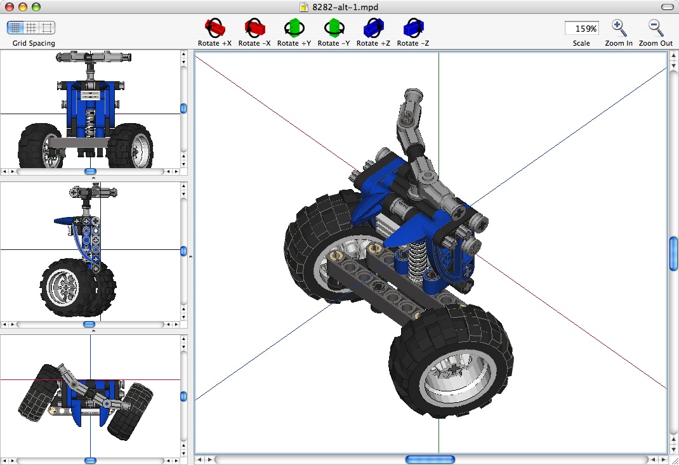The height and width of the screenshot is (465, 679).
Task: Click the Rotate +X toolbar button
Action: pyautogui.click(x=215, y=28)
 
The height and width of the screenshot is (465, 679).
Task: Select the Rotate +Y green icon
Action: pyautogui.click(x=294, y=28)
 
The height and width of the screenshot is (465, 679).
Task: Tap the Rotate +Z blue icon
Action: pyautogui.click(x=373, y=28)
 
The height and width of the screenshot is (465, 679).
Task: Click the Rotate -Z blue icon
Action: pyautogui.click(x=413, y=28)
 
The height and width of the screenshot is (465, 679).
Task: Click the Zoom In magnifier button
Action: pyautogui.click(x=619, y=28)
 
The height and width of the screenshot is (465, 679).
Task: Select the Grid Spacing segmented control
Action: pyautogui.click(x=31, y=28)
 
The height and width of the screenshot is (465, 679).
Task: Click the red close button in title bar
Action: pyautogui.click(x=9, y=7)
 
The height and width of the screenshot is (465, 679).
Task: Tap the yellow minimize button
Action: pyautogui.click(x=22, y=7)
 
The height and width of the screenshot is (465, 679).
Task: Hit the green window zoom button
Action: pyautogui.click(x=36, y=7)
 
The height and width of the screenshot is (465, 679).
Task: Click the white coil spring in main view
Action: pyautogui.click(x=417, y=261)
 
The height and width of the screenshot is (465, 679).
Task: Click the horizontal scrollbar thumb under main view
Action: pyautogui.click(x=430, y=459)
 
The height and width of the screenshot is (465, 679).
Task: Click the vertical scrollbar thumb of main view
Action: pyautogui.click(x=673, y=253)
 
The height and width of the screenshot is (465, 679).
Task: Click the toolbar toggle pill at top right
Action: pyautogui.click(x=667, y=7)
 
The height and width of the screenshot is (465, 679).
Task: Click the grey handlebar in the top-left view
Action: pyautogui.click(x=89, y=57)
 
